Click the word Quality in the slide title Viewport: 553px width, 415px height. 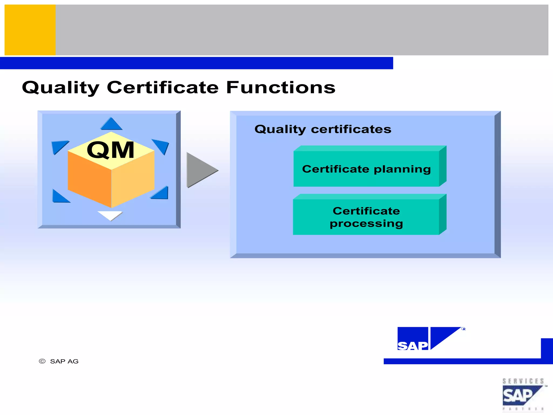(x=61, y=88)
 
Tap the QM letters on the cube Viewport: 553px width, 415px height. (x=110, y=150)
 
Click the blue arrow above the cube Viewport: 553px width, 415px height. (x=111, y=124)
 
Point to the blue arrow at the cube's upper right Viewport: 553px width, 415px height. (x=161, y=146)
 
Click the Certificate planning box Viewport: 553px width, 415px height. (x=366, y=169)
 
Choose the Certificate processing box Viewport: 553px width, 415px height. (x=366, y=217)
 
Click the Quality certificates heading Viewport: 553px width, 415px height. (x=323, y=129)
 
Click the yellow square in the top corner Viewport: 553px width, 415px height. (x=30, y=30)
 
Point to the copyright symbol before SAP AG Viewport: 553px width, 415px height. (x=42, y=361)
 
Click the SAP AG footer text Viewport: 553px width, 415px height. (x=64, y=361)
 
